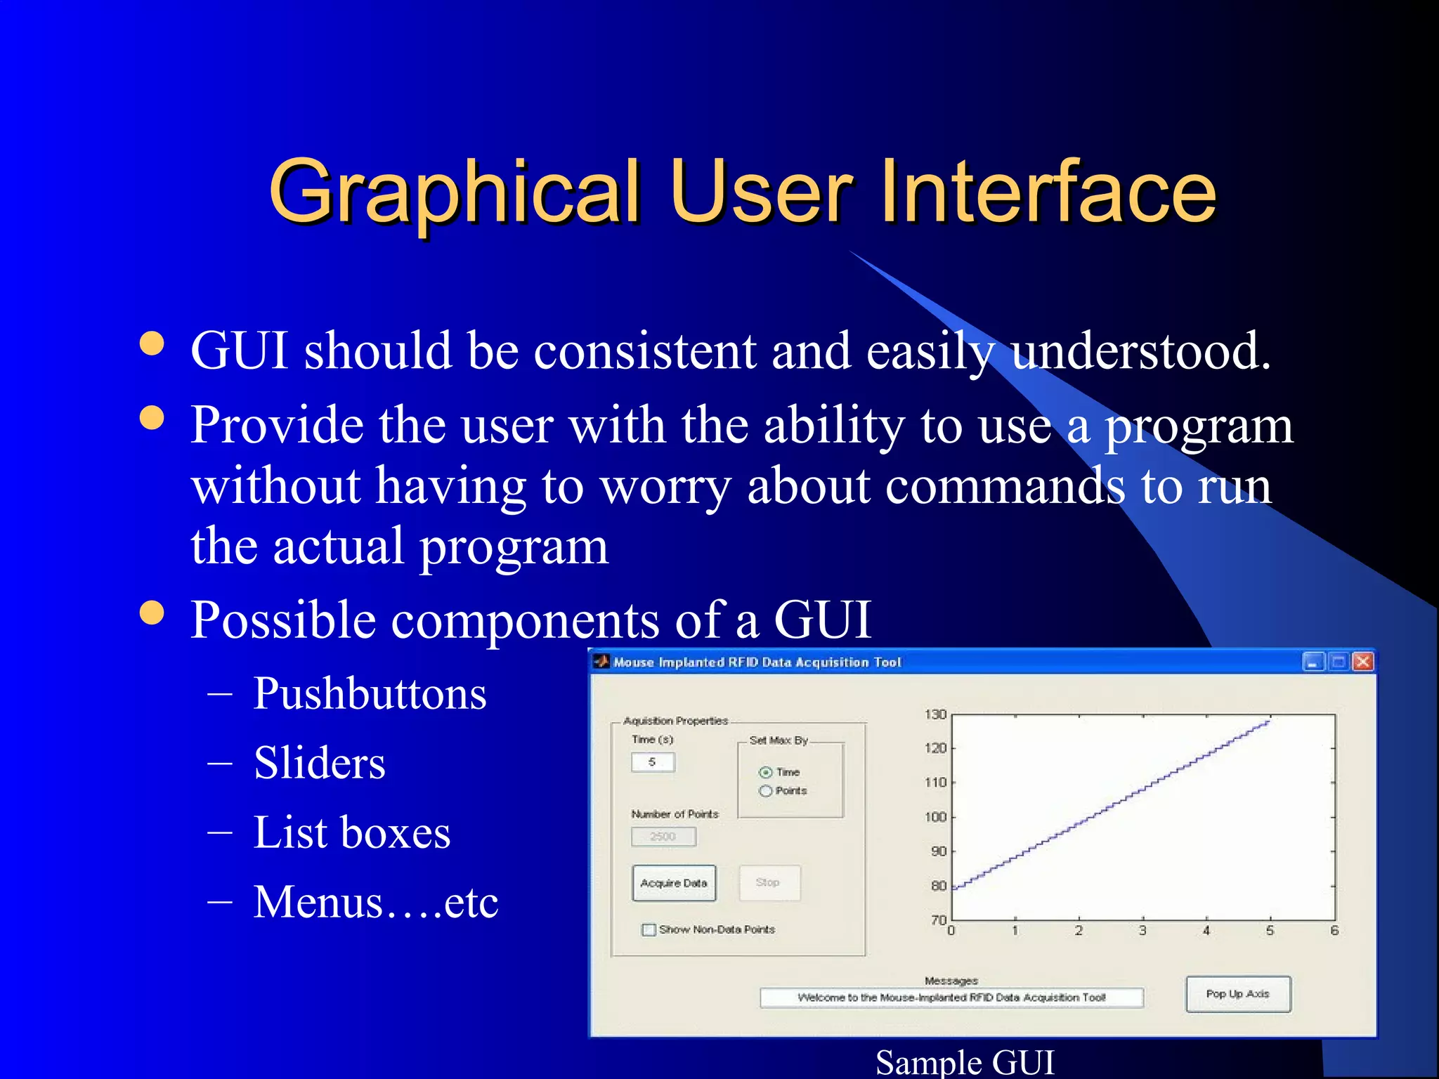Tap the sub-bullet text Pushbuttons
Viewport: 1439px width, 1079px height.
(x=370, y=694)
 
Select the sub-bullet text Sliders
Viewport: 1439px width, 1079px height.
(x=320, y=764)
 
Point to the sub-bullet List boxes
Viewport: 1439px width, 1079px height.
(x=351, y=833)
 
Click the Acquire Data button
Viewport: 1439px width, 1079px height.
(x=674, y=883)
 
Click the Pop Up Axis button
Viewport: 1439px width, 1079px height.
(x=1237, y=994)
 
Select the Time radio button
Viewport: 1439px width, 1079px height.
(x=766, y=773)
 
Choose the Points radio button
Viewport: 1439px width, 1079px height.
(x=766, y=791)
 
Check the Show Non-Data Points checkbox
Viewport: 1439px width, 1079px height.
(x=649, y=930)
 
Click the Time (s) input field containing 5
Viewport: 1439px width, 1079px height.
(x=653, y=762)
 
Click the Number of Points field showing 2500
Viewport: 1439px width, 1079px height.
(x=663, y=837)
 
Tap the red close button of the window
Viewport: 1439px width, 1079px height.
(x=1362, y=662)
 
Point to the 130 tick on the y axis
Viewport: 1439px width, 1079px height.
(x=936, y=714)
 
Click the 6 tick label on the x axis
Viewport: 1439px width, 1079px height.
(x=1334, y=931)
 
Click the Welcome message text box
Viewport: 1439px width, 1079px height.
(x=951, y=998)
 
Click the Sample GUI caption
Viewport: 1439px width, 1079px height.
(x=965, y=1062)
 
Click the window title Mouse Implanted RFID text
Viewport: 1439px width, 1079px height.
(x=757, y=662)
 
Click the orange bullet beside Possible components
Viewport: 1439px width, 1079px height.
(x=152, y=612)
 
